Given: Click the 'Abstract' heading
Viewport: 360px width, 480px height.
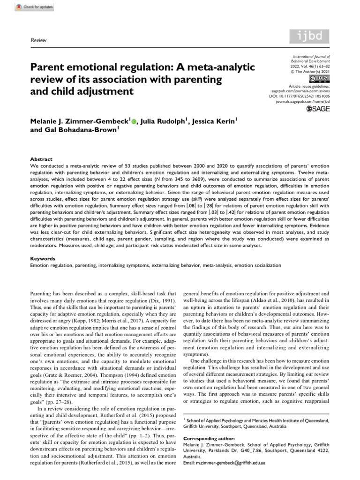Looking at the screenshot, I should pos(42,159).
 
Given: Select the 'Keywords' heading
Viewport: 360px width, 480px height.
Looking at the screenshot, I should pos(43,258).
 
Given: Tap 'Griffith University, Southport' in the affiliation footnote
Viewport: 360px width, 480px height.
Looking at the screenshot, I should pos(216,420).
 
